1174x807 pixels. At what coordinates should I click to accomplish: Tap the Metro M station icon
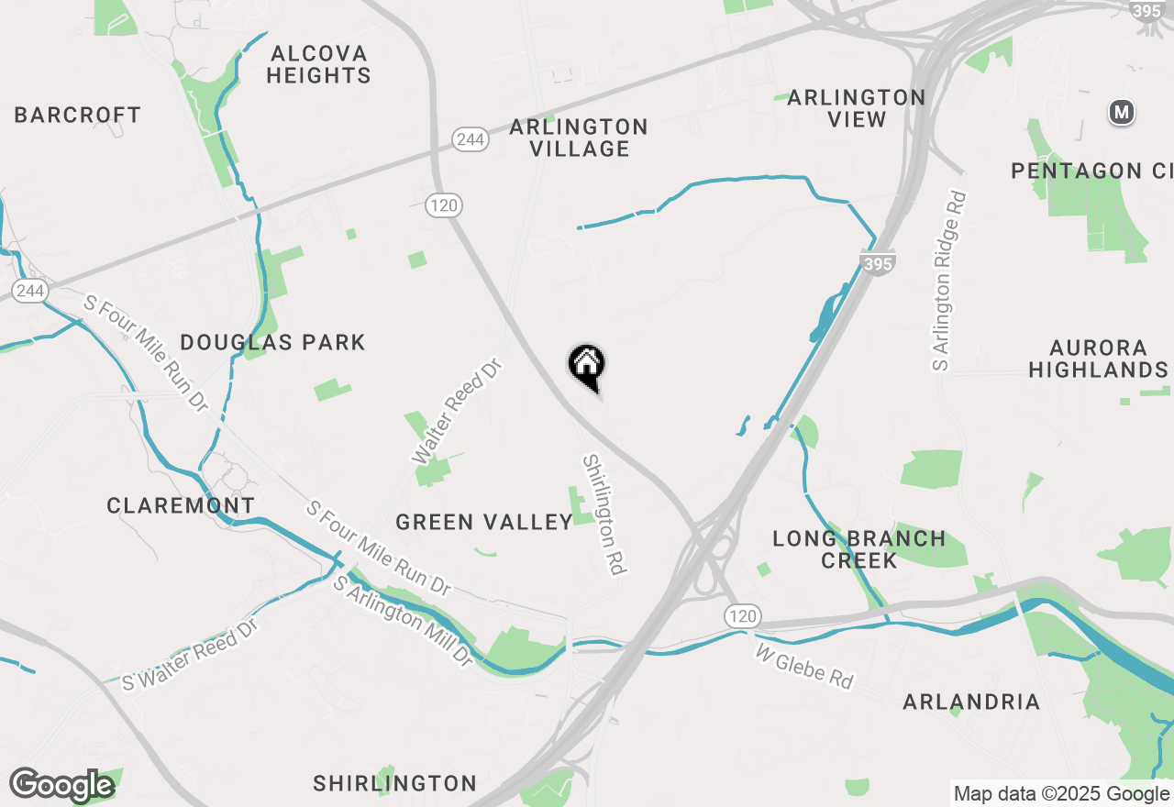[1121, 113]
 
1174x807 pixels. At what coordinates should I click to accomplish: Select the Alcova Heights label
[318, 64]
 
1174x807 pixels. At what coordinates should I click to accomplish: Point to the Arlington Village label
[579, 138]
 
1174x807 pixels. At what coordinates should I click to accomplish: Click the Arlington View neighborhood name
[856, 108]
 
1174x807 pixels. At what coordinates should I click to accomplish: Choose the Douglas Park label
[272, 343]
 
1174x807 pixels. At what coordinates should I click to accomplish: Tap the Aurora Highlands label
[1097, 359]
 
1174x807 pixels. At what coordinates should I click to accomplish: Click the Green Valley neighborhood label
[484, 523]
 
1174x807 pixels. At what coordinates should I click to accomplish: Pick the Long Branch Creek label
[858, 549]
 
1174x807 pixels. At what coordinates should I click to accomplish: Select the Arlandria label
[971, 702]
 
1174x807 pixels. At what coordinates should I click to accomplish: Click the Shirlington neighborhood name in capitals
[394, 783]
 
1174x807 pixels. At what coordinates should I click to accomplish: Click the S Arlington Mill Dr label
[403, 621]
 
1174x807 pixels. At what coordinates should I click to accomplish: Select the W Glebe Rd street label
[804, 667]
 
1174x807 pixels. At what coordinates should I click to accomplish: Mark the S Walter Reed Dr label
[191, 655]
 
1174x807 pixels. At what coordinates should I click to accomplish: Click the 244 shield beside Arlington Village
[469, 139]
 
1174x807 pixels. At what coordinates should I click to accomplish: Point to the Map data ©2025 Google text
[1061, 794]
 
